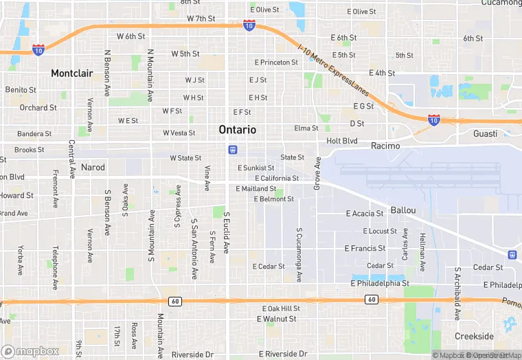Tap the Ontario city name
[x=238, y=129]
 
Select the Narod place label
[x=93, y=167]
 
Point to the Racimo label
[x=385, y=146]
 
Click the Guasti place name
[x=485, y=134]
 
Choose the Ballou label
[x=403, y=209]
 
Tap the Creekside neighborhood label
[x=474, y=336]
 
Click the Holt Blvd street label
[x=342, y=141]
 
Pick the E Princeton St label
[x=275, y=63]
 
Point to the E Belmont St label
[x=274, y=199]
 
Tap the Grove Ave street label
[x=317, y=173]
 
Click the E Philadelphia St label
[x=380, y=282]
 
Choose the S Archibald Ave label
[x=457, y=293]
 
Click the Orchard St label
[x=38, y=108]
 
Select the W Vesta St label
[x=179, y=133]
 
